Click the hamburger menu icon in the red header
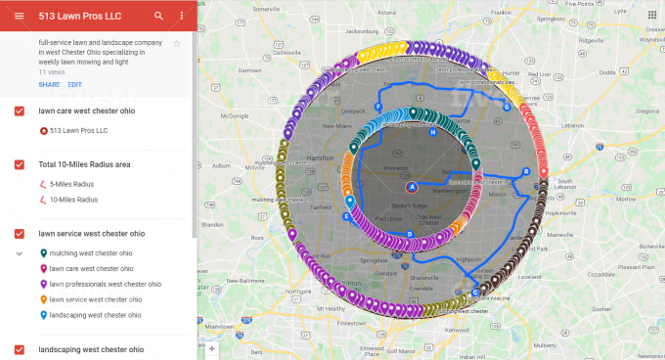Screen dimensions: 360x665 (x=20, y=17)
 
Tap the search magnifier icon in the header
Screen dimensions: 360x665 (x=159, y=17)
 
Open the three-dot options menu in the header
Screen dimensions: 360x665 (x=182, y=17)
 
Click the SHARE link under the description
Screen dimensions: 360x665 (x=49, y=85)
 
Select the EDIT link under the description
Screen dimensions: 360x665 (x=74, y=85)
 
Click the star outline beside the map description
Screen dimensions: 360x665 (x=177, y=44)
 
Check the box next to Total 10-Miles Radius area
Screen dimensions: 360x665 (x=20, y=164)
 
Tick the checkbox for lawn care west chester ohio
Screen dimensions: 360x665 (x=20, y=112)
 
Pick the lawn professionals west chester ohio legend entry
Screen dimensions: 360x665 (x=105, y=284)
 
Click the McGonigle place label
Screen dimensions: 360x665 (x=236, y=114)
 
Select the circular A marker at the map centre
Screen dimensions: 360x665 (x=412, y=186)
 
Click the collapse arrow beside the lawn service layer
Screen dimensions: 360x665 (x=20, y=252)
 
